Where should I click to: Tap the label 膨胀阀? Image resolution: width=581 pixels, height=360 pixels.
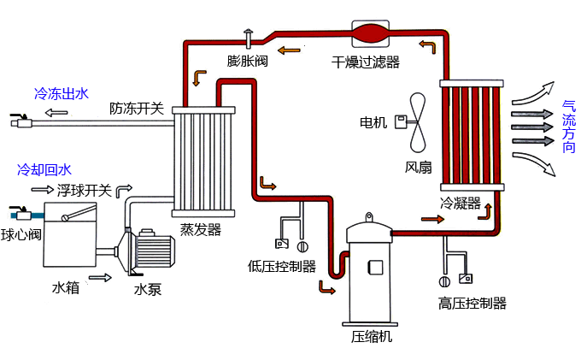[x=248, y=61]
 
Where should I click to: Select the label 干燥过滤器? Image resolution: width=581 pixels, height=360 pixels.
[x=366, y=62]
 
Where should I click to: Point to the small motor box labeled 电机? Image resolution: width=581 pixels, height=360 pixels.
[x=399, y=122]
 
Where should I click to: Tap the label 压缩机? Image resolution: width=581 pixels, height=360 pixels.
[x=372, y=336]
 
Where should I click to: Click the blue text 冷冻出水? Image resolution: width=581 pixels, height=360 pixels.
[x=61, y=93]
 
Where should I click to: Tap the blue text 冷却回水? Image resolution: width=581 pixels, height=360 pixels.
[x=44, y=169]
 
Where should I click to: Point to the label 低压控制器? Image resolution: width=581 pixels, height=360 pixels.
[x=282, y=266]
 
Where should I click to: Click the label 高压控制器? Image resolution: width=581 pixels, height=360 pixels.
[x=472, y=303]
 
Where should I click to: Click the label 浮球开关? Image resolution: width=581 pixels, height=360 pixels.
[x=85, y=190]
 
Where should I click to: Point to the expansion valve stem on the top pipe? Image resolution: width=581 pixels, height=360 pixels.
[x=249, y=38]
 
